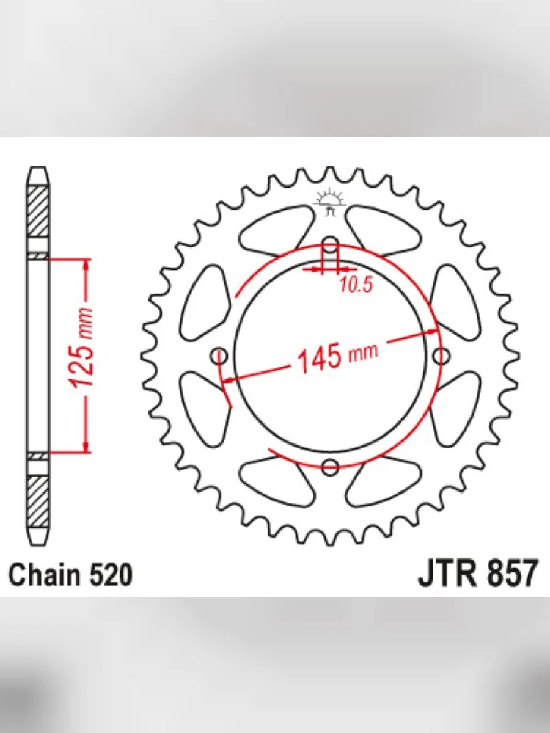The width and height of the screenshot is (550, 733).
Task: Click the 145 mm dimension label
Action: point(338,356)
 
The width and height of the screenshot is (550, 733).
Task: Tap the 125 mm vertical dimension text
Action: point(81,349)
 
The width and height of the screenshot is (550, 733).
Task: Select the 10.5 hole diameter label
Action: point(356,285)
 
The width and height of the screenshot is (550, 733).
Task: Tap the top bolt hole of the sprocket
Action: point(330,245)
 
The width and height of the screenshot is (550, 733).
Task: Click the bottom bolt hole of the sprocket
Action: point(330,467)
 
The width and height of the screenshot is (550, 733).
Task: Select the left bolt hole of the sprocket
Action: point(219,356)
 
